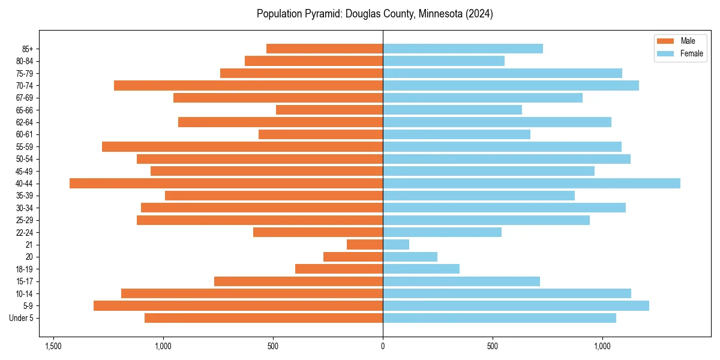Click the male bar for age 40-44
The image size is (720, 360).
click(x=226, y=184)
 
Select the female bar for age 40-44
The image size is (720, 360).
click(x=532, y=184)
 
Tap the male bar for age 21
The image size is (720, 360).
click(x=365, y=245)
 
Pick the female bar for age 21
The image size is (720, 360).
click(x=396, y=245)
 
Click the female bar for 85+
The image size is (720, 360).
click(x=463, y=49)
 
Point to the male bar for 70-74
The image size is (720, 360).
click(x=248, y=86)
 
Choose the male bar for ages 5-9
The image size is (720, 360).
click(x=238, y=306)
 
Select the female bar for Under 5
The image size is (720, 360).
click(x=499, y=318)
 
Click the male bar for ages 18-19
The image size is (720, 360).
click(x=339, y=269)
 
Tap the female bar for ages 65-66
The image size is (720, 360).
click(x=452, y=110)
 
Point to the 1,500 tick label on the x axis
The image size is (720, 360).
click(x=53, y=346)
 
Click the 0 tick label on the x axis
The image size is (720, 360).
click(x=383, y=346)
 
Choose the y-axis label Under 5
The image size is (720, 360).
click(x=21, y=318)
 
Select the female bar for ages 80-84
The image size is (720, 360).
click(x=443, y=61)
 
